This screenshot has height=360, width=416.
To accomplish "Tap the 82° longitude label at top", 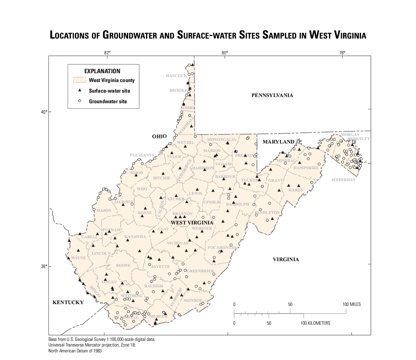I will click(107, 53).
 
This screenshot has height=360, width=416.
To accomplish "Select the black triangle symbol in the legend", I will click(79, 91).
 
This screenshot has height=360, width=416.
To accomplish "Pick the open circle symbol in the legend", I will click(79, 101).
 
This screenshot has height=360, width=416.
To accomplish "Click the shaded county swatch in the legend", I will click(79, 80).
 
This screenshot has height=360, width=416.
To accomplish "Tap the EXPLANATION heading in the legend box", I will click(102, 71).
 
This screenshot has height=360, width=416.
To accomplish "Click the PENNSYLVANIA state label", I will click(272, 95).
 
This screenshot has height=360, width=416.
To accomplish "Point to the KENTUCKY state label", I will click(68, 302).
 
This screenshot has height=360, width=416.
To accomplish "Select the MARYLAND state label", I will click(278, 142).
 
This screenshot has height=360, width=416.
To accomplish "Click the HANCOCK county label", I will click(176, 76).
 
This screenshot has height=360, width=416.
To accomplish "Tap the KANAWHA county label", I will click(135, 237).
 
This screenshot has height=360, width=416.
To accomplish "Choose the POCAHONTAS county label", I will click(222, 248).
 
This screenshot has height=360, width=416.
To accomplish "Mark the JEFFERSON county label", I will click(343, 180).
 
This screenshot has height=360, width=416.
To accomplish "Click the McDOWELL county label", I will click(126, 317).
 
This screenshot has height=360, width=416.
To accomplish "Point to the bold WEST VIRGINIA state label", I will click(192, 223).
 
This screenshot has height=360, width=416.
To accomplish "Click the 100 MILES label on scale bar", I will click(351, 304).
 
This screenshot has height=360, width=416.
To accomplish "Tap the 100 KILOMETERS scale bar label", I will click(315, 323).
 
